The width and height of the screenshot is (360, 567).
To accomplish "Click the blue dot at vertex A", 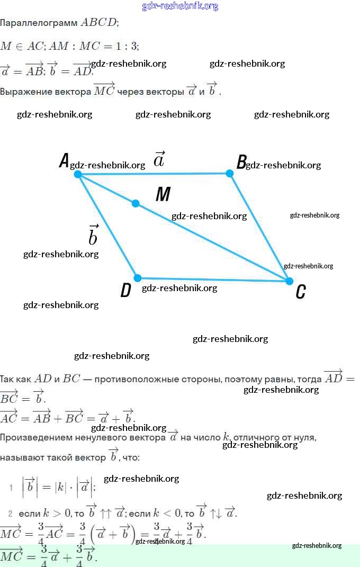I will [x=78, y=174].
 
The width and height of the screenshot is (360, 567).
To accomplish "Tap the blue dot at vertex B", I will [x=229, y=173].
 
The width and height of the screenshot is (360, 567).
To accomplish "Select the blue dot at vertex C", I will [x=289, y=281].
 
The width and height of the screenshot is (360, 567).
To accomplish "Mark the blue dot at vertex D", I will [x=138, y=278].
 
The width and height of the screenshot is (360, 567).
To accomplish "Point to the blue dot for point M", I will [x=136, y=203].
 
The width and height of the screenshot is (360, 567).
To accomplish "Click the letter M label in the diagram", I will [x=163, y=195].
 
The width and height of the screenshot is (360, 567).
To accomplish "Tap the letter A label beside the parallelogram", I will [x=64, y=160].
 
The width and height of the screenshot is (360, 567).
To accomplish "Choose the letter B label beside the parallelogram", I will [x=241, y=161].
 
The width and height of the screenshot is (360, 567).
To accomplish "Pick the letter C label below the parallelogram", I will [x=300, y=292].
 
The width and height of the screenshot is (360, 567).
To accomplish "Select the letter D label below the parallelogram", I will [x=125, y=291].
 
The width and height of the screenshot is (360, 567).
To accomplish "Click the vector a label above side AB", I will [x=159, y=159].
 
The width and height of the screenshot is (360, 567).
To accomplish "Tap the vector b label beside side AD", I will [x=93, y=235].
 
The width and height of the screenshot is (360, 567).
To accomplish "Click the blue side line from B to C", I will [x=259, y=227].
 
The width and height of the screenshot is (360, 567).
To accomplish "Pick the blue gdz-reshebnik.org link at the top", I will [x=180, y=6].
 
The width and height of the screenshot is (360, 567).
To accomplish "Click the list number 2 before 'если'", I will [x=10, y=514].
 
